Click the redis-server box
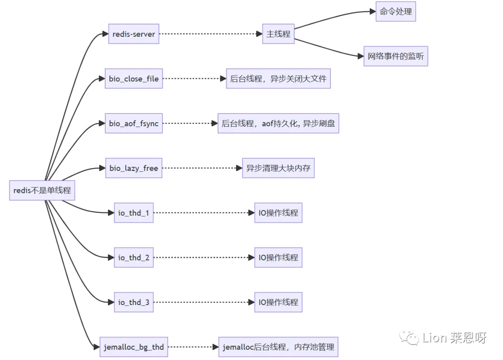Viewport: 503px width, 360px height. pos(134,34)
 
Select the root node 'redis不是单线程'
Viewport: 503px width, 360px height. pos(42,190)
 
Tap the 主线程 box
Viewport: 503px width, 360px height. pos(278,34)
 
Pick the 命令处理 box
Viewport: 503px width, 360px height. pos(395,12)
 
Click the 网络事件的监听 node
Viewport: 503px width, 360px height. pos(395,56)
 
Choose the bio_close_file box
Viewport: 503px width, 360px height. pos(134,79)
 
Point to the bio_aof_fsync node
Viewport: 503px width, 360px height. pos(134,123)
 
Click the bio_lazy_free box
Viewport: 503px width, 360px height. pos(134,168)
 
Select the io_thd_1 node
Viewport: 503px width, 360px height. pos(134,213)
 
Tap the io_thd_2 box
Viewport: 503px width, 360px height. pos(134,258)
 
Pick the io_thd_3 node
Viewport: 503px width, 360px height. pos(134,302)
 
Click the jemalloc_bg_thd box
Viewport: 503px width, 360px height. pos(134,347)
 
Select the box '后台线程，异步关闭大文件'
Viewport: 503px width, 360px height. pos(278,79)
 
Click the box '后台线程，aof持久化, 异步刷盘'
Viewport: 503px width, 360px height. pos(278,123)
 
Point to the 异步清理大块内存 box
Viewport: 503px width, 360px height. pos(278,168)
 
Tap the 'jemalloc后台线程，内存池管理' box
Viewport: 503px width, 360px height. pos(278,347)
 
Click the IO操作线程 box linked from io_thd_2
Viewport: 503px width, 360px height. pos(278,258)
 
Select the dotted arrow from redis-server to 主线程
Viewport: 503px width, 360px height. pos(210,34)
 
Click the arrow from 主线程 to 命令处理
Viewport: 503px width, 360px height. pos(335,16)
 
